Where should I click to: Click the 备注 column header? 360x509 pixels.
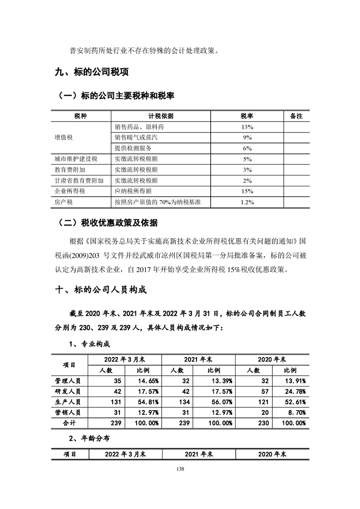click(x=296, y=116)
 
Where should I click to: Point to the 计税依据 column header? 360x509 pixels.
click(x=158, y=116)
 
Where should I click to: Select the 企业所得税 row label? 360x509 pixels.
click(x=69, y=191)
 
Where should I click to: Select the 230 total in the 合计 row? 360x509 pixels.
click(x=252, y=423)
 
